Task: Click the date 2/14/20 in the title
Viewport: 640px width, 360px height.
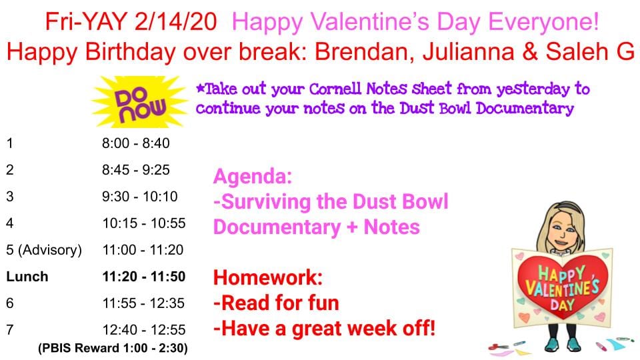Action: point(175,21)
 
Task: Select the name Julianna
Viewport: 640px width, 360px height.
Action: point(468,52)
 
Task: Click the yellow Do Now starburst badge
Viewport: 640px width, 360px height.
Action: point(139,102)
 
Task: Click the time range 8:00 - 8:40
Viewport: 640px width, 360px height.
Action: point(135,143)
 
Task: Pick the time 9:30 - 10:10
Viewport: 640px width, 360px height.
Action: point(139,197)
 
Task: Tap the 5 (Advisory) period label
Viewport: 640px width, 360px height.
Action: point(44,250)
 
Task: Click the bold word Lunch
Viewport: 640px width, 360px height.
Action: point(27,276)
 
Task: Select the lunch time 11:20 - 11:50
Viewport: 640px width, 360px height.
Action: point(144,276)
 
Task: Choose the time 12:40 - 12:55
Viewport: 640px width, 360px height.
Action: point(144,330)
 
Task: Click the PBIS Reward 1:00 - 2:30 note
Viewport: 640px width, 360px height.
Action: point(113,348)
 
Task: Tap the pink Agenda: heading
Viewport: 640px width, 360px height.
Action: point(253,176)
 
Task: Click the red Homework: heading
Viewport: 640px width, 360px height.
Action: point(268,277)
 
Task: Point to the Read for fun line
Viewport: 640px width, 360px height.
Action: point(276,303)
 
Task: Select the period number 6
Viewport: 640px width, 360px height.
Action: point(10,303)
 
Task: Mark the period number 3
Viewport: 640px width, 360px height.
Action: point(10,197)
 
